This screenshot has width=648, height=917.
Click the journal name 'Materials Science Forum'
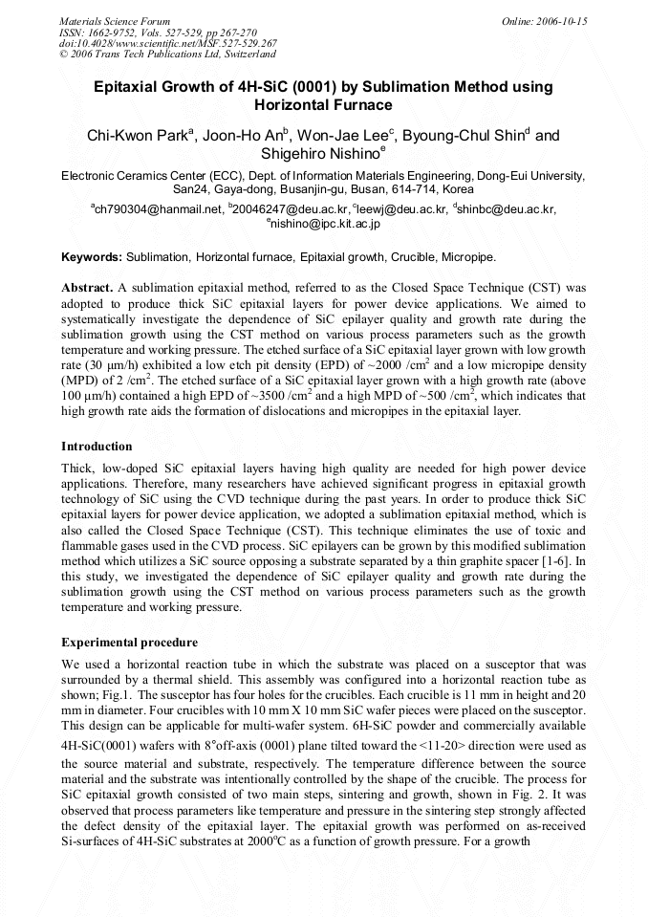point(115,21)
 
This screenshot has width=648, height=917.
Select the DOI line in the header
point(168,43)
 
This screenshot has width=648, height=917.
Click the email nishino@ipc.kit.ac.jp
point(326,224)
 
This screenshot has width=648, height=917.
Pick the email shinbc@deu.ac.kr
point(507,209)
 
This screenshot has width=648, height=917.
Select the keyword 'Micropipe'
point(467,257)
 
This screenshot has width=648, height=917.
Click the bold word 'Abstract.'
point(88,287)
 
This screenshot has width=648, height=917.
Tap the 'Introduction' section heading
point(97,446)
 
